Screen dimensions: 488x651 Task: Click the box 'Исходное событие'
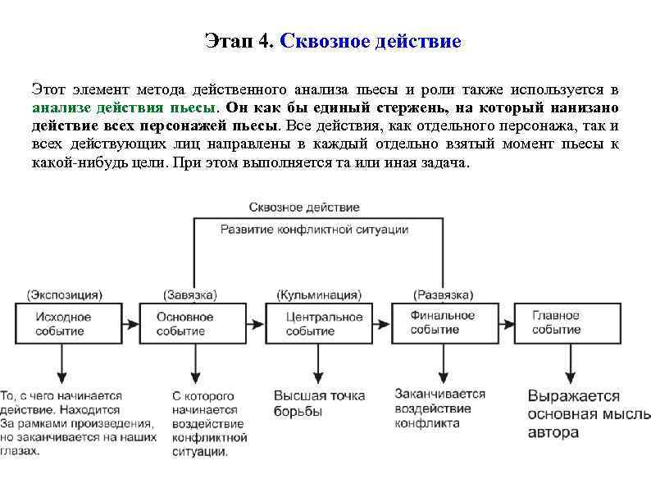tap(63, 323)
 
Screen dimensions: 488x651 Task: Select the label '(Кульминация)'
tap(318, 294)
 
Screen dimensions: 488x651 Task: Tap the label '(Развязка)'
tap(443, 294)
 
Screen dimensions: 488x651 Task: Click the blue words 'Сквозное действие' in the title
tap(371, 41)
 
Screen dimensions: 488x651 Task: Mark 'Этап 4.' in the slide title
tap(238, 41)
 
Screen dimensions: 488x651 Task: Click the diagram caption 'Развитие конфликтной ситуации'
tap(314, 230)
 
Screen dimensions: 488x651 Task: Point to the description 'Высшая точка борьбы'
tap(319, 403)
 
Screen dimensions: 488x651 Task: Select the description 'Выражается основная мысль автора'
tap(585, 413)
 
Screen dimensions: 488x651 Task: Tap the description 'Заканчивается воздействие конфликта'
tap(439, 408)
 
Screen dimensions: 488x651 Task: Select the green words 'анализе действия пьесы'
tap(124, 107)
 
